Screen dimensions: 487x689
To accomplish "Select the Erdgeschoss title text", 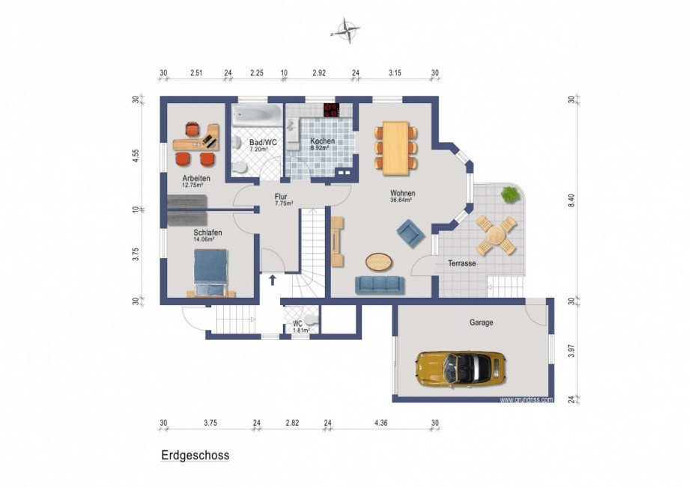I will (x=195, y=455).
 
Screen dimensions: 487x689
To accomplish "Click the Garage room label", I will (x=482, y=322).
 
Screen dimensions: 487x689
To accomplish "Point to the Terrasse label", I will (x=462, y=263).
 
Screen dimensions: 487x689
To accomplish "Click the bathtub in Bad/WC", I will (x=255, y=116).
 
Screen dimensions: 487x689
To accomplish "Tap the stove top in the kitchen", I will (x=332, y=110).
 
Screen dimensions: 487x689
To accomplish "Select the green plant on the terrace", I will (x=509, y=196).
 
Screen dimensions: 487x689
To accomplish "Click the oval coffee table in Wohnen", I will (x=379, y=261).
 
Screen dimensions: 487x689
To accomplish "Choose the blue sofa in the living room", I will (x=380, y=284).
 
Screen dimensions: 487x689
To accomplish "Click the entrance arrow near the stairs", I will (x=272, y=280).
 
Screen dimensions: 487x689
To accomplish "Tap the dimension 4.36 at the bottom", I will (x=381, y=423).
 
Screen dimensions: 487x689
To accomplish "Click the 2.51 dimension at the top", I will (x=196, y=73).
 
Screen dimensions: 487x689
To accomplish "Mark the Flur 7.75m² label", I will (x=283, y=200).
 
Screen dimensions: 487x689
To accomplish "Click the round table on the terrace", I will (x=497, y=236).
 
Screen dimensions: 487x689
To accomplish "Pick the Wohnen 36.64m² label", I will (x=402, y=196).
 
